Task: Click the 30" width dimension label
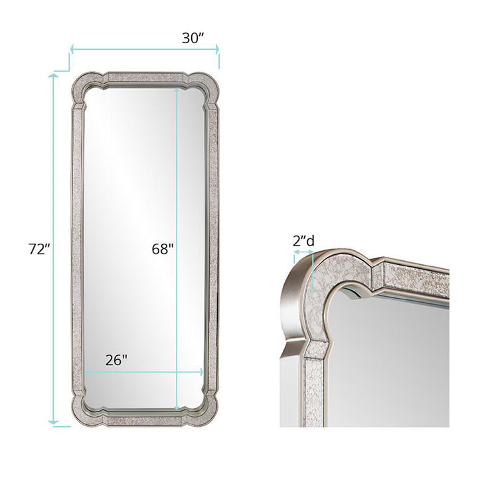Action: coord(193,38)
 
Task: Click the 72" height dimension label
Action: coord(39,250)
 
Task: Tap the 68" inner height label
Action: coord(163,250)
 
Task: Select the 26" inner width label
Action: coord(116,360)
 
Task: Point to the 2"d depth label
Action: coord(303,241)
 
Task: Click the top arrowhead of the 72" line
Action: coord(54,75)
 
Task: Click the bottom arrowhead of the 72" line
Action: coord(54,422)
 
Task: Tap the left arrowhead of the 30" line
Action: coord(72,48)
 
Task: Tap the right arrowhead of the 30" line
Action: coord(217,48)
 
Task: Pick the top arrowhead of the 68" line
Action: coord(177,90)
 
